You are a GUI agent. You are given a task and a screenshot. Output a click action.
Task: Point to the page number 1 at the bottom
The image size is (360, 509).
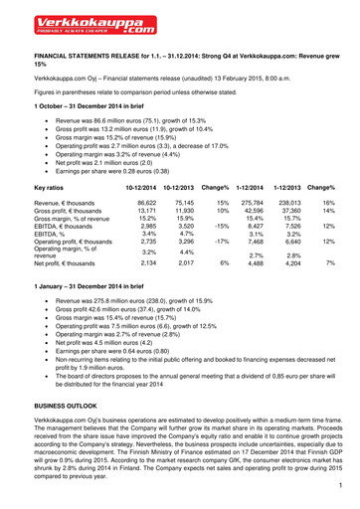click(x=339, y=485)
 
